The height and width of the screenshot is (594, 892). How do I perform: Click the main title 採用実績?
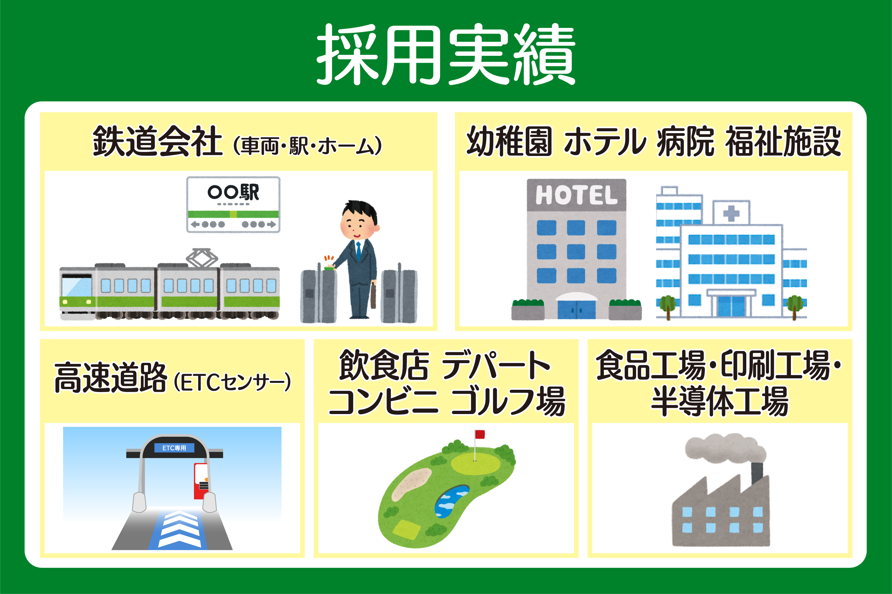tap(446, 54)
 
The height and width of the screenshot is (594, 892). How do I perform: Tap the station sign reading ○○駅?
tap(233, 205)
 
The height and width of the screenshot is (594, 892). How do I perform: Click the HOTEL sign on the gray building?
tap(576, 195)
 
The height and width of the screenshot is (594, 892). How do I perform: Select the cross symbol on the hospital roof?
tap(731, 213)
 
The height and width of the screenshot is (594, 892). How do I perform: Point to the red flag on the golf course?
tap(480, 434)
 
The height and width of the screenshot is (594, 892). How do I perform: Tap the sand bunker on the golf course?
tap(411, 484)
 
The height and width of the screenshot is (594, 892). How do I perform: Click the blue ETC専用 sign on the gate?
tap(174, 448)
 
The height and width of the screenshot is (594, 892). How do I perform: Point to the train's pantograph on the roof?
tap(202, 258)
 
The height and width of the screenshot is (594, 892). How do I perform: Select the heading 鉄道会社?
tap(157, 141)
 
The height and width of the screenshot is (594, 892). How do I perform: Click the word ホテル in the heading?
tap(605, 141)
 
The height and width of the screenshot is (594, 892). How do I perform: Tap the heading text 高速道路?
tap(110, 377)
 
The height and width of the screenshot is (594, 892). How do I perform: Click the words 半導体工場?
tap(720, 401)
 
